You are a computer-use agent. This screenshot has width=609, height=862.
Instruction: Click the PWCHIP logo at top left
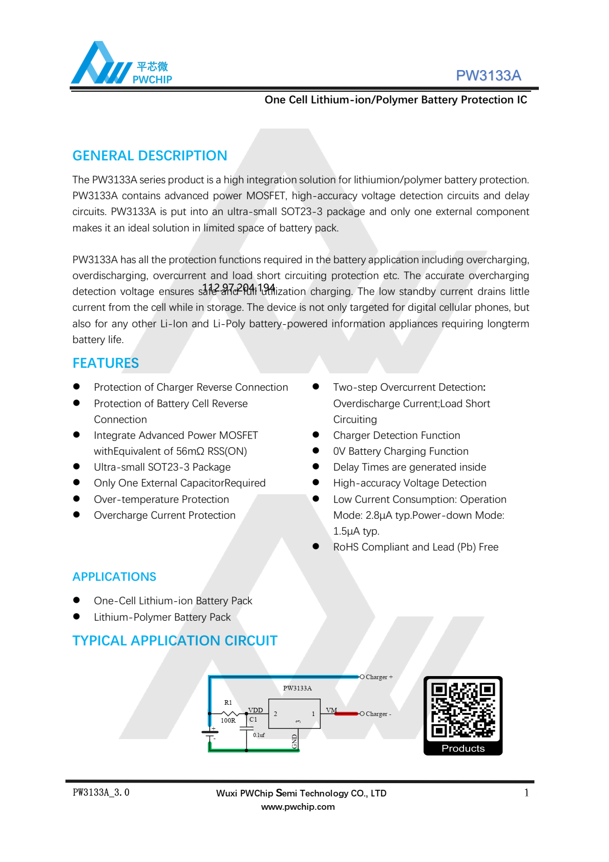(x=121, y=64)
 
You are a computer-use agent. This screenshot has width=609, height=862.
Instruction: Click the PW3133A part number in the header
(x=488, y=76)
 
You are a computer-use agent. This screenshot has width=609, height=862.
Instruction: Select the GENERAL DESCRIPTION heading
(x=150, y=156)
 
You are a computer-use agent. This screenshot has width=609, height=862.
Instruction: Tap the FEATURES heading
(x=106, y=363)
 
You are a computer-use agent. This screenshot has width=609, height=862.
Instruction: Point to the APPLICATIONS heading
(x=114, y=577)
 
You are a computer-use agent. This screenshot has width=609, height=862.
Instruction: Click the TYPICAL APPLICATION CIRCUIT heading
(x=175, y=641)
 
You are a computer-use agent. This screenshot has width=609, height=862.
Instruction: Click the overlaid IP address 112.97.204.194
(x=239, y=288)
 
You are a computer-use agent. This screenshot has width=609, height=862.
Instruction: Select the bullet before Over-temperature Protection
(x=76, y=499)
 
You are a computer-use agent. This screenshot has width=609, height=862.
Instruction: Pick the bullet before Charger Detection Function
(x=316, y=435)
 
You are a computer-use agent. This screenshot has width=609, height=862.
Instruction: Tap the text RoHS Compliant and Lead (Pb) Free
(x=415, y=547)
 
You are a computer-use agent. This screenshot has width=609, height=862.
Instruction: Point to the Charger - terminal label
(x=378, y=714)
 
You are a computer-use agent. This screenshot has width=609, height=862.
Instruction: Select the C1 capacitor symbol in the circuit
(x=246, y=728)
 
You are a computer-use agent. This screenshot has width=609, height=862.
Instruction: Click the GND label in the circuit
(x=295, y=741)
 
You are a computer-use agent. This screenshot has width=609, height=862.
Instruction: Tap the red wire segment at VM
(x=347, y=713)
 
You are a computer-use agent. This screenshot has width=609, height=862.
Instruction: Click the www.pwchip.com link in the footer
(x=298, y=807)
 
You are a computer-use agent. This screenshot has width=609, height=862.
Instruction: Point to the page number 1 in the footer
(x=526, y=793)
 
